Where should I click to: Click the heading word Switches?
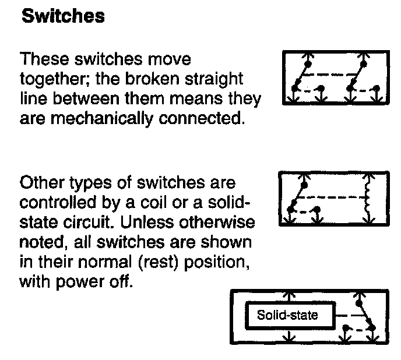click(63, 16)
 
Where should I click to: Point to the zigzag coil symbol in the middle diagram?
click(367, 197)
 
